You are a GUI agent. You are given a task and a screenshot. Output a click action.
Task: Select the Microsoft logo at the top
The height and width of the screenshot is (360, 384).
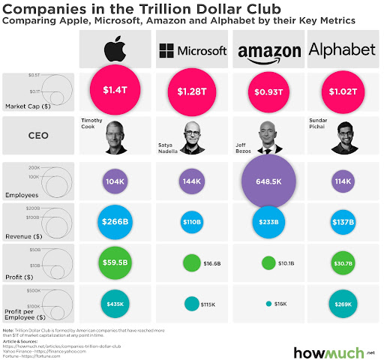192,51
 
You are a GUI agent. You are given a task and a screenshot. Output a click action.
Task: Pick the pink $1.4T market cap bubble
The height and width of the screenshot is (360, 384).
115,91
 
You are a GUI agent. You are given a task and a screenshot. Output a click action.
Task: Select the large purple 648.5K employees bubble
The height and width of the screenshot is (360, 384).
268,182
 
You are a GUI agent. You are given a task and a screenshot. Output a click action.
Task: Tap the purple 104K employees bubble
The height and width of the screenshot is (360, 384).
115,182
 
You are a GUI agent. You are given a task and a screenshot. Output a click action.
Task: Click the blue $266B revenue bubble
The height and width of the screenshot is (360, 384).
115,222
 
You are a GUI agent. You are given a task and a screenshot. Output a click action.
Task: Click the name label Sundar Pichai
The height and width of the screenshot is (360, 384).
319,123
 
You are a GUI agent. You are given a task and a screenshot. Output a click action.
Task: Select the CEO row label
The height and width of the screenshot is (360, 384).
40,136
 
